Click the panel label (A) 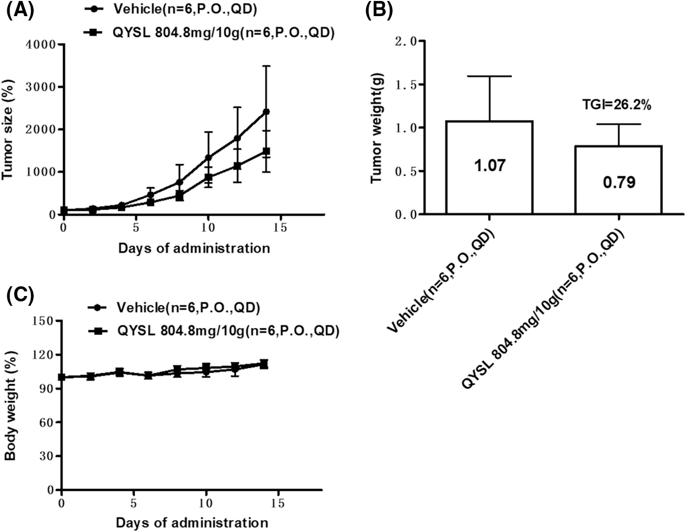click(x=20, y=11)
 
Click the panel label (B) click(x=379, y=11)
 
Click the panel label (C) click(x=20, y=296)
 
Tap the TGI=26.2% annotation click(x=617, y=105)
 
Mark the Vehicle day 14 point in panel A click(x=266, y=112)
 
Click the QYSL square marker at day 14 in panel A click(x=266, y=151)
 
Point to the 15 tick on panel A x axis click(x=280, y=228)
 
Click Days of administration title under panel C click(x=192, y=523)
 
